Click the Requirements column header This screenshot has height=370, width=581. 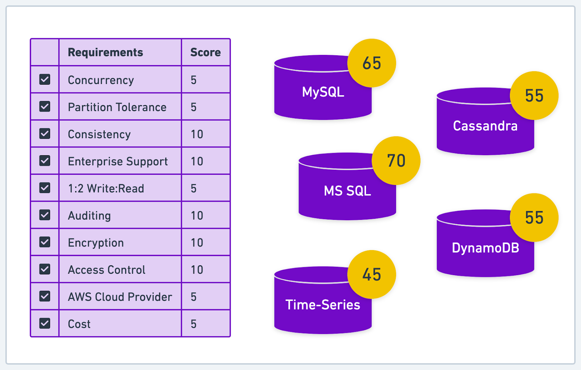[105, 52]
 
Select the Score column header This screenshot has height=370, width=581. [205, 52]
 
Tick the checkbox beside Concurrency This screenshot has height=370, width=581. [45, 80]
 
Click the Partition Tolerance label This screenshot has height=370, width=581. [117, 107]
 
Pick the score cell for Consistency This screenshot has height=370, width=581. [197, 134]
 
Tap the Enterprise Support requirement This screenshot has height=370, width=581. [118, 161]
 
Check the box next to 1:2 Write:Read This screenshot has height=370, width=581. [45, 188]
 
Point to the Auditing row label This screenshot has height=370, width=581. [89, 216]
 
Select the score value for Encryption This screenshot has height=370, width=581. [197, 242]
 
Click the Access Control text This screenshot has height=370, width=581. [106, 270]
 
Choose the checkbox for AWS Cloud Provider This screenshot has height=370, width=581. [45, 296]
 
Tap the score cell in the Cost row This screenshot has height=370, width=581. [194, 324]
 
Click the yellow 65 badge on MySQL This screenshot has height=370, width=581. [371, 63]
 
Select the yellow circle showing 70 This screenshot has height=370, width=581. [396, 161]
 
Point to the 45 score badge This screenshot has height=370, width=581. [371, 274]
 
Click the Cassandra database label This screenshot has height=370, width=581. [485, 126]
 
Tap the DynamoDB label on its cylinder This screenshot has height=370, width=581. [485, 248]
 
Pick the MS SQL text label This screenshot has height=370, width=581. [347, 191]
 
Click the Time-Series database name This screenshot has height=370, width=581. [322, 305]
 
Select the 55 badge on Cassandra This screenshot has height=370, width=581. [534, 96]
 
